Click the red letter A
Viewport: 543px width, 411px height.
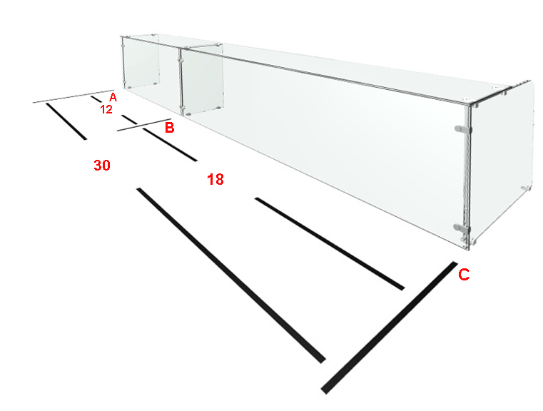click(113, 97)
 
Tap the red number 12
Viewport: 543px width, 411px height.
click(106, 109)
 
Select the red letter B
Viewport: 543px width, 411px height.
click(169, 128)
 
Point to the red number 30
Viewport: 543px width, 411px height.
click(102, 165)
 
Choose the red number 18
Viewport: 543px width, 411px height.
click(215, 179)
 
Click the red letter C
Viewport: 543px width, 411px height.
click(464, 274)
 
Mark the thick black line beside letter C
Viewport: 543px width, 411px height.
click(390, 328)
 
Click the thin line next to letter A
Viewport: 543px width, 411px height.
click(73, 96)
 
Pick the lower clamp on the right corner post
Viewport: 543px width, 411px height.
click(462, 228)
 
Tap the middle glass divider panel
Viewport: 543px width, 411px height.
click(202, 80)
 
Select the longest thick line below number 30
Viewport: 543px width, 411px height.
click(231, 275)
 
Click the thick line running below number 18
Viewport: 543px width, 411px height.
click(330, 243)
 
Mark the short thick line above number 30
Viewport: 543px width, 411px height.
click(66, 121)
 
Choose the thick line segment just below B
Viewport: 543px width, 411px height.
click(170, 144)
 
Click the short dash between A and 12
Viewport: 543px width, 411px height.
click(96, 99)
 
